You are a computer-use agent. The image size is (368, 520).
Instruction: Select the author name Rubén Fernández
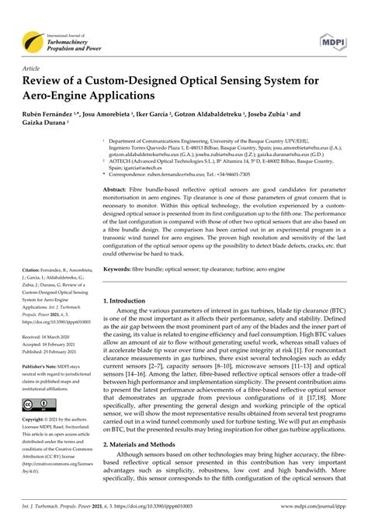click(55, 114)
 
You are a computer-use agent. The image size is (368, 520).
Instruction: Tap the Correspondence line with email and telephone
click(194, 174)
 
